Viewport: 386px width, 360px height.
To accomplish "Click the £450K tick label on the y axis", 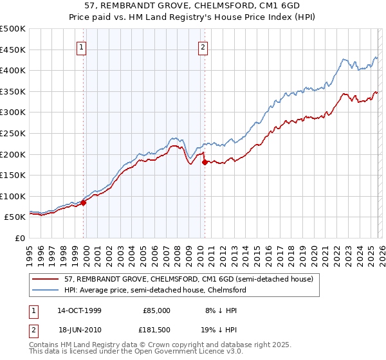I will pos(13,50).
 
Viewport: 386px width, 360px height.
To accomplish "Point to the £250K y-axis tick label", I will pos(13,133).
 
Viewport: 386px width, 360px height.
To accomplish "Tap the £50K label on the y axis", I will pos(15,217).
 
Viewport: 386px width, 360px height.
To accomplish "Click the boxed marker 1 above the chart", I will pos(83,47).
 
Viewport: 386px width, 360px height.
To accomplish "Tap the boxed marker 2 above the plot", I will pos(203,47).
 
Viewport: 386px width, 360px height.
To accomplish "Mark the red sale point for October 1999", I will pos(84,203).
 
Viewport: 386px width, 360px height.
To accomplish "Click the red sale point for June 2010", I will pos(205,162).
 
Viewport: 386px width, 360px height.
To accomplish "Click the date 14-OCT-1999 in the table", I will pos(79,310).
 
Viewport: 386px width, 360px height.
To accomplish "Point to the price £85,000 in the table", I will pos(156,310).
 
